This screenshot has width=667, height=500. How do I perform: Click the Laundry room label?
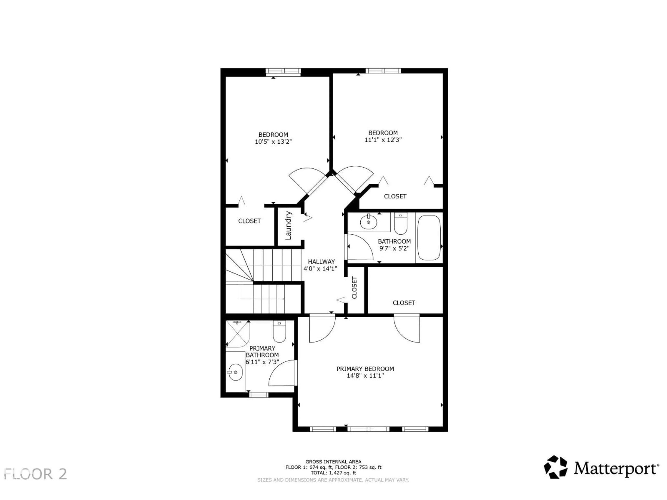[x=288, y=226]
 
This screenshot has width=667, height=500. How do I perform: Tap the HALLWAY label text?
[x=321, y=262]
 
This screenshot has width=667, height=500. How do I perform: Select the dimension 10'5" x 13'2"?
[x=273, y=142]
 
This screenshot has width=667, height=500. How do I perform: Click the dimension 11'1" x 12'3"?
[x=383, y=140]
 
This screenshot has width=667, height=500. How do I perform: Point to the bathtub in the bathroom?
[x=429, y=237]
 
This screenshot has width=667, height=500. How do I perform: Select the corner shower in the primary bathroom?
[x=238, y=334]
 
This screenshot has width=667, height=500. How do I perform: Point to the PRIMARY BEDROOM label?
[x=365, y=369]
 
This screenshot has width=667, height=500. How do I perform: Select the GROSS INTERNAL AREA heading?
[x=333, y=461]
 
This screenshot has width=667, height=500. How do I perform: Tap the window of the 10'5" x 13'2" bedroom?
[x=283, y=71]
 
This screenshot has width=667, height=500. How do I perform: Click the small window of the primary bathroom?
[x=259, y=394]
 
